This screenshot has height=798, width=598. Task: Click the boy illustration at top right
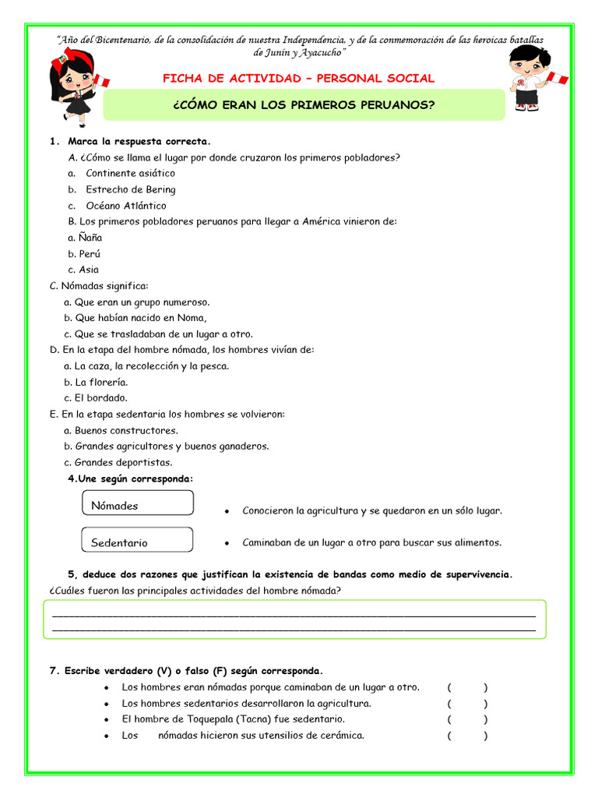coord(529,78)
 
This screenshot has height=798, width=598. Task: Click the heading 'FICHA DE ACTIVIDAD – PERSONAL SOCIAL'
coord(298,79)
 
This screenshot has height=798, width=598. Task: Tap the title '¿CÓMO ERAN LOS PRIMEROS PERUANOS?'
coord(304,104)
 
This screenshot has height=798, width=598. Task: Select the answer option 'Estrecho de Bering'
coord(130,189)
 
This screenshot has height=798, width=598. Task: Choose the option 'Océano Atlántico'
coord(125,206)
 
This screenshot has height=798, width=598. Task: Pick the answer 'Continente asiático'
coord(131,173)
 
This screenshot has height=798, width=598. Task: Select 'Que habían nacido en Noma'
coord(140,318)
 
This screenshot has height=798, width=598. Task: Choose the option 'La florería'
coord(101,382)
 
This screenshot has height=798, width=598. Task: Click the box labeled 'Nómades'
coord(137,504)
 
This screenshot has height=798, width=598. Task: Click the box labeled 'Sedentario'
coord(137,541)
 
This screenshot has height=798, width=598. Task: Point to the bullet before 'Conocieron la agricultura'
coord(226,512)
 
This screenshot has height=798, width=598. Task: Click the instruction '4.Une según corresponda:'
coord(130,478)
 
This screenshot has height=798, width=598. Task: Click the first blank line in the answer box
coord(294,615)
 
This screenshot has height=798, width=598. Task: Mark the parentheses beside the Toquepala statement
coord(467,719)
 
